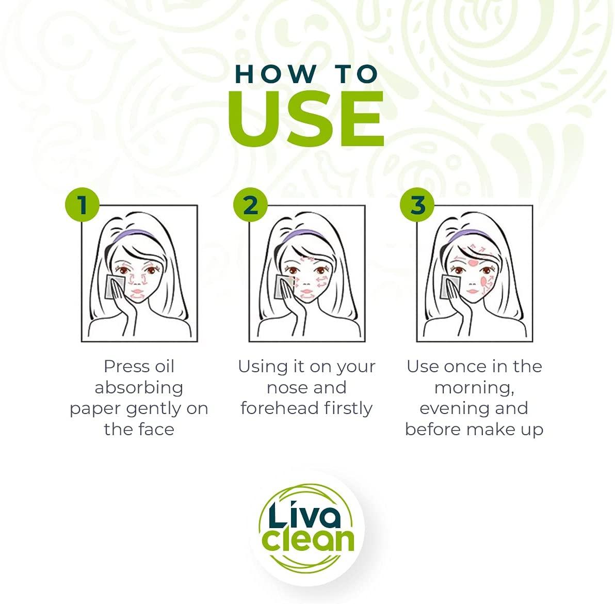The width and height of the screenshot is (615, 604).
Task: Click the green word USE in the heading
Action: (x=305, y=118)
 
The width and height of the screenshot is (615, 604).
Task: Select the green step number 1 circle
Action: (x=82, y=205)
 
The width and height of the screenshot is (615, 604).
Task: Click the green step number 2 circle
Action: (x=250, y=205)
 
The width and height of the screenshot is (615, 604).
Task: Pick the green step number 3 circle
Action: (x=417, y=205)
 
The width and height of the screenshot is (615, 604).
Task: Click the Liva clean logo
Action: (x=306, y=528)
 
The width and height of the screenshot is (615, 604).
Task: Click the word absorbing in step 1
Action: (x=139, y=388)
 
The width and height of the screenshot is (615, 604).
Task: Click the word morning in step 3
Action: (x=473, y=388)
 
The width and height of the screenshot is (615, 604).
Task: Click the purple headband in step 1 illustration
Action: (x=132, y=234)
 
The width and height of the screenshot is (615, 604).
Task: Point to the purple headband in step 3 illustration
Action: (x=467, y=234)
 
